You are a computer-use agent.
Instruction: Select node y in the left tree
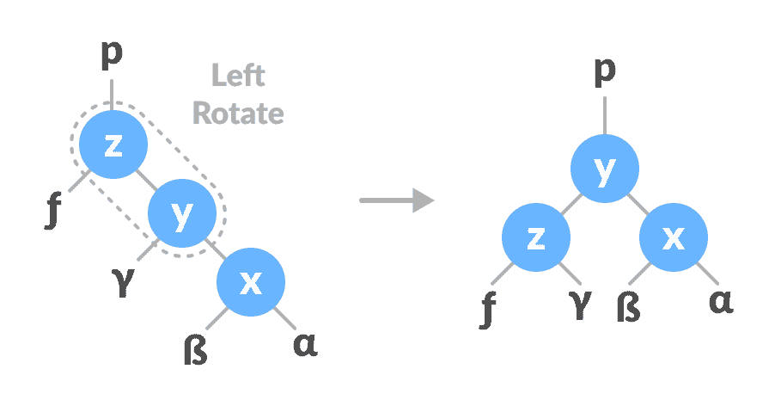[180, 215]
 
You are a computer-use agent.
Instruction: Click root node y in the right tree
[605, 169]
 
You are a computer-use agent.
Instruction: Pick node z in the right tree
[536, 238]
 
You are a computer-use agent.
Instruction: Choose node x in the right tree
[674, 238]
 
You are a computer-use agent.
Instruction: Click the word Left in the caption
[238, 76]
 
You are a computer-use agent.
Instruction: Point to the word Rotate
[238, 112]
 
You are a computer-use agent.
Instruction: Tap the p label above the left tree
[113, 54]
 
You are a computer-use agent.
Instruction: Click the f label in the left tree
[54, 210]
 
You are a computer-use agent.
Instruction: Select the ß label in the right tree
[628, 307]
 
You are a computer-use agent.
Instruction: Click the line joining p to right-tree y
[605, 115]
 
